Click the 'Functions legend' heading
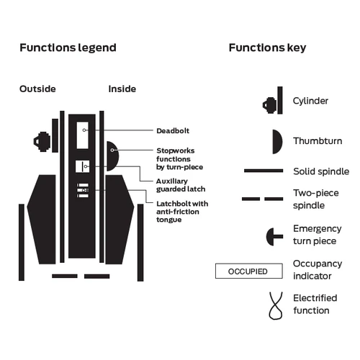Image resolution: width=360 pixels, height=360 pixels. pyautogui.click(x=68, y=48)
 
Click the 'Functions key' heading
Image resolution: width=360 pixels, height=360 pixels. pyautogui.click(x=267, y=48)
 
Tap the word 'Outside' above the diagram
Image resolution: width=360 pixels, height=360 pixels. pyautogui.click(x=37, y=89)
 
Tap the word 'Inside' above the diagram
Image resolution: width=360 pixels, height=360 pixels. pyautogui.click(x=122, y=89)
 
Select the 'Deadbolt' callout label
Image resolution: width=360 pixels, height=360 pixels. pyautogui.click(x=173, y=131)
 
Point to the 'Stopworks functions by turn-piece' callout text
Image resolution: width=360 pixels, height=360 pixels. pyautogui.click(x=180, y=159)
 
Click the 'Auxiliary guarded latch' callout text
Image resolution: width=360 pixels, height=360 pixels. pyautogui.click(x=181, y=185)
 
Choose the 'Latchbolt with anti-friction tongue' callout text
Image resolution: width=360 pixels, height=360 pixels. pyautogui.click(x=182, y=212)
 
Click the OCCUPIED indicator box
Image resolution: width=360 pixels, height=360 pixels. pyautogui.click(x=249, y=271)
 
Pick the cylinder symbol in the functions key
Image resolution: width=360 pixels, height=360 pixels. pyautogui.click(x=273, y=101)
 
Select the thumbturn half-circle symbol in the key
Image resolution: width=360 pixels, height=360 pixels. pyautogui.click(x=276, y=142)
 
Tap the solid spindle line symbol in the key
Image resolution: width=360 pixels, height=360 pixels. pyautogui.click(x=264, y=171)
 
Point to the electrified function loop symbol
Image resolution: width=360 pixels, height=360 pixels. pyautogui.click(x=276, y=306)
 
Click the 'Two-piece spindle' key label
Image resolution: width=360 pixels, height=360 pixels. pyautogui.click(x=316, y=199)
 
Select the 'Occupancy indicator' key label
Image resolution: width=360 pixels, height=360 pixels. pyautogui.click(x=318, y=270)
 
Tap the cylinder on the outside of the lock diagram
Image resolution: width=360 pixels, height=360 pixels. pyautogui.click(x=42, y=142)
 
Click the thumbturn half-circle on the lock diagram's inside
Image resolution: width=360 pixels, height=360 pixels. pyautogui.click(x=112, y=156)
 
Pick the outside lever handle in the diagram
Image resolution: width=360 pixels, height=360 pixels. pyautogui.click(x=42, y=220)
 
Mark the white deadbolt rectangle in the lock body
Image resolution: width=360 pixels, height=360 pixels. pyautogui.click(x=83, y=135)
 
